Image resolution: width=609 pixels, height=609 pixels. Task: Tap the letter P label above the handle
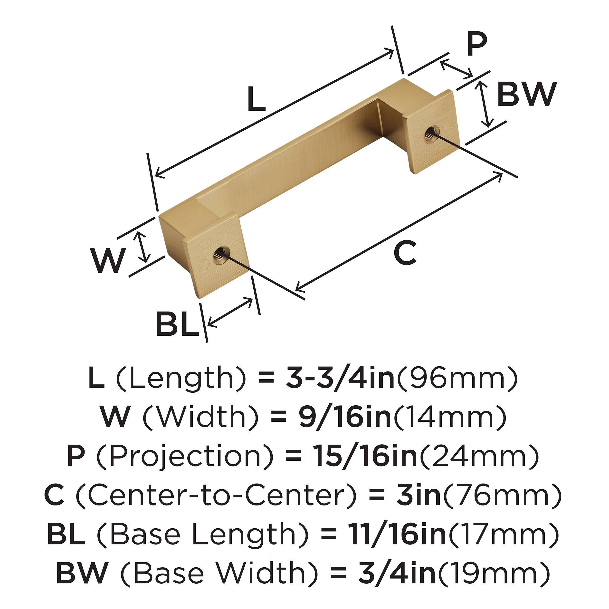[477, 44]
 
